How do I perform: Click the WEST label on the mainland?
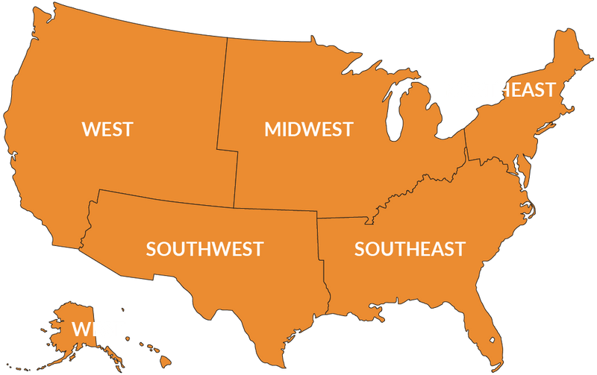click(x=107, y=129)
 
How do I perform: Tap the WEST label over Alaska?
click(x=97, y=328)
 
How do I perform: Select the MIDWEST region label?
click(x=308, y=130)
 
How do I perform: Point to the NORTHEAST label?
click(x=499, y=90)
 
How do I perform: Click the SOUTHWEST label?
click(x=204, y=248)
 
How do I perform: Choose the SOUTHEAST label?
click(x=410, y=248)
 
